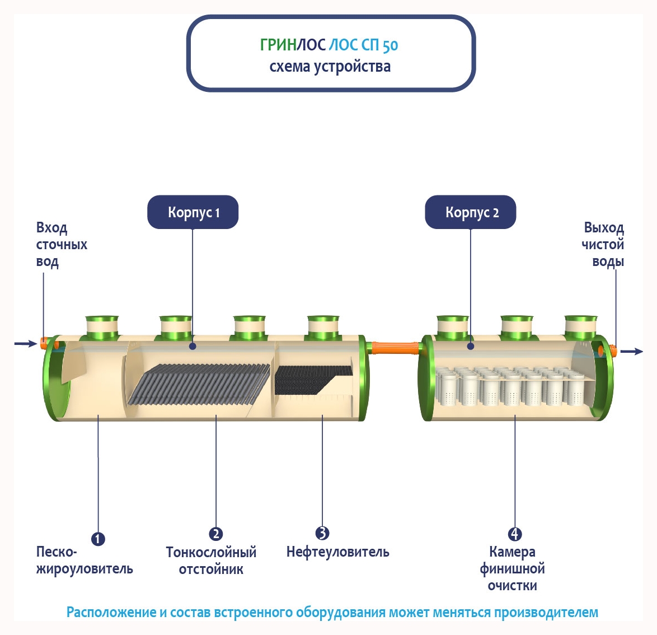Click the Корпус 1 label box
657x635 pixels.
(x=193, y=212)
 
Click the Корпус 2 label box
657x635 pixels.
(x=471, y=212)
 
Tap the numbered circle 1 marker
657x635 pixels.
(x=98, y=539)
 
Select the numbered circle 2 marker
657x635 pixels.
(x=215, y=534)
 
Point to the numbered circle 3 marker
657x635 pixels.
(x=322, y=533)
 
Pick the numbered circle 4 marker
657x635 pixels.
(x=515, y=534)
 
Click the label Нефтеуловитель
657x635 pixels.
(x=337, y=552)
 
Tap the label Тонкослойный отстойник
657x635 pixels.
(x=211, y=561)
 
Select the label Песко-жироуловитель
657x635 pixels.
(x=84, y=561)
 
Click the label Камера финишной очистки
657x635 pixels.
(x=512, y=569)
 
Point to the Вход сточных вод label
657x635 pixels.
(x=61, y=245)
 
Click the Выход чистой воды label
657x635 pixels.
(x=603, y=245)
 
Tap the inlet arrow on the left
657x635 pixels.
(x=25, y=343)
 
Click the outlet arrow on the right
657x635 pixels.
(x=632, y=352)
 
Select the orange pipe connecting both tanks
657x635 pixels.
(x=394, y=348)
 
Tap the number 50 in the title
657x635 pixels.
(x=391, y=45)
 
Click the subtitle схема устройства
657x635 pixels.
(x=330, y=67)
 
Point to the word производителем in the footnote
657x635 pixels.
(x=546, y=612)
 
